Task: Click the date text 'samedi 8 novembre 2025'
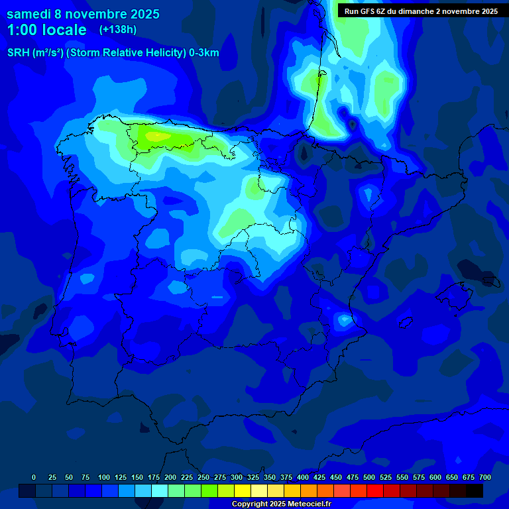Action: tap(83, 14)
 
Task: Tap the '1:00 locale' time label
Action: tap(46, 30)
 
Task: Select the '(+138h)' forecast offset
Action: tap(117, 29)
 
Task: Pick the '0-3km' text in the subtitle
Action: tap(203, 53)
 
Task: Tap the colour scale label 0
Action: tap(34, 477)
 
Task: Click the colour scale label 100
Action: tap(104, 477)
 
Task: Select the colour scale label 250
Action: tap(203, 477)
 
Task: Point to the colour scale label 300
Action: tap(237, 477)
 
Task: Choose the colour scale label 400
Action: tap(303, 477)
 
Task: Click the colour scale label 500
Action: tap(369, 477)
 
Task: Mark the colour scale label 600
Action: tap(435, 477)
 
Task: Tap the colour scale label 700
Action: tap(485, 477)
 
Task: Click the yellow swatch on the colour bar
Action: tap(243, 490)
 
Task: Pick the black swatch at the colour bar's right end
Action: tap(475, 490)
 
